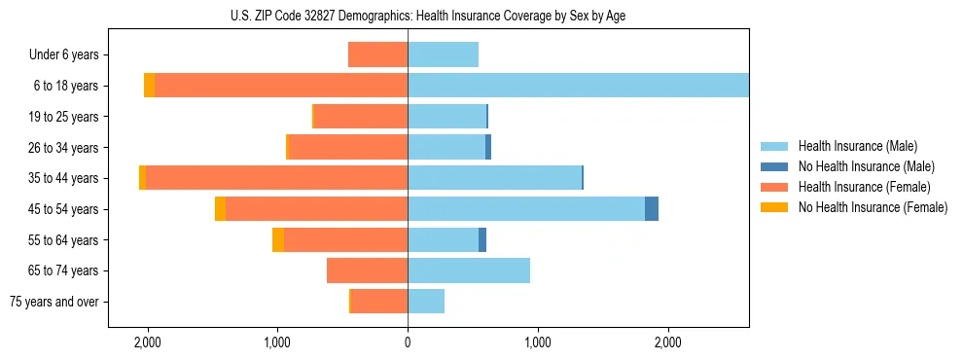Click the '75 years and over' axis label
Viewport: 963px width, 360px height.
pyautogui.click(x=54, y=302)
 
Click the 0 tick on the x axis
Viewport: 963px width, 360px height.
pyautogui.click(x=408, y=342)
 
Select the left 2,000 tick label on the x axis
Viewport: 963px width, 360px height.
pyautogui.click(x=148, y=342)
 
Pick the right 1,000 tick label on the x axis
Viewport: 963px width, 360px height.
pyautogui.click(x=538, y=342)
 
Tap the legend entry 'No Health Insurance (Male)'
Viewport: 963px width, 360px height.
pyautogui.click(x=866, y=166)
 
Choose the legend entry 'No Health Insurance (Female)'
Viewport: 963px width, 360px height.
pyautogui.click(x=873, y=207)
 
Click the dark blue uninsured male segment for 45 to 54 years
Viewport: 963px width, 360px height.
pyautogui.click(x=652, y=209)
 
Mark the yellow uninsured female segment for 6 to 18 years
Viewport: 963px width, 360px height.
pyautogui.click(x=149, y=86)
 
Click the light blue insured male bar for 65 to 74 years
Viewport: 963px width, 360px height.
pyautogui.click(x=469, y=270)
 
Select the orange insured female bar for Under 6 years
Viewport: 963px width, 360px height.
pyautogui.click(x=377, y=55)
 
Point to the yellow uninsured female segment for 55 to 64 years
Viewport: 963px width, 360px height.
pyautogui.click(x=278, y=240)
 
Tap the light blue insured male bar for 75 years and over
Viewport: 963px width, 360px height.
pyautogui.click(x=426, y=302)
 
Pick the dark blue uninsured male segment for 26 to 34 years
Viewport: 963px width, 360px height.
pyautogui.click(x=488, y=148)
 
